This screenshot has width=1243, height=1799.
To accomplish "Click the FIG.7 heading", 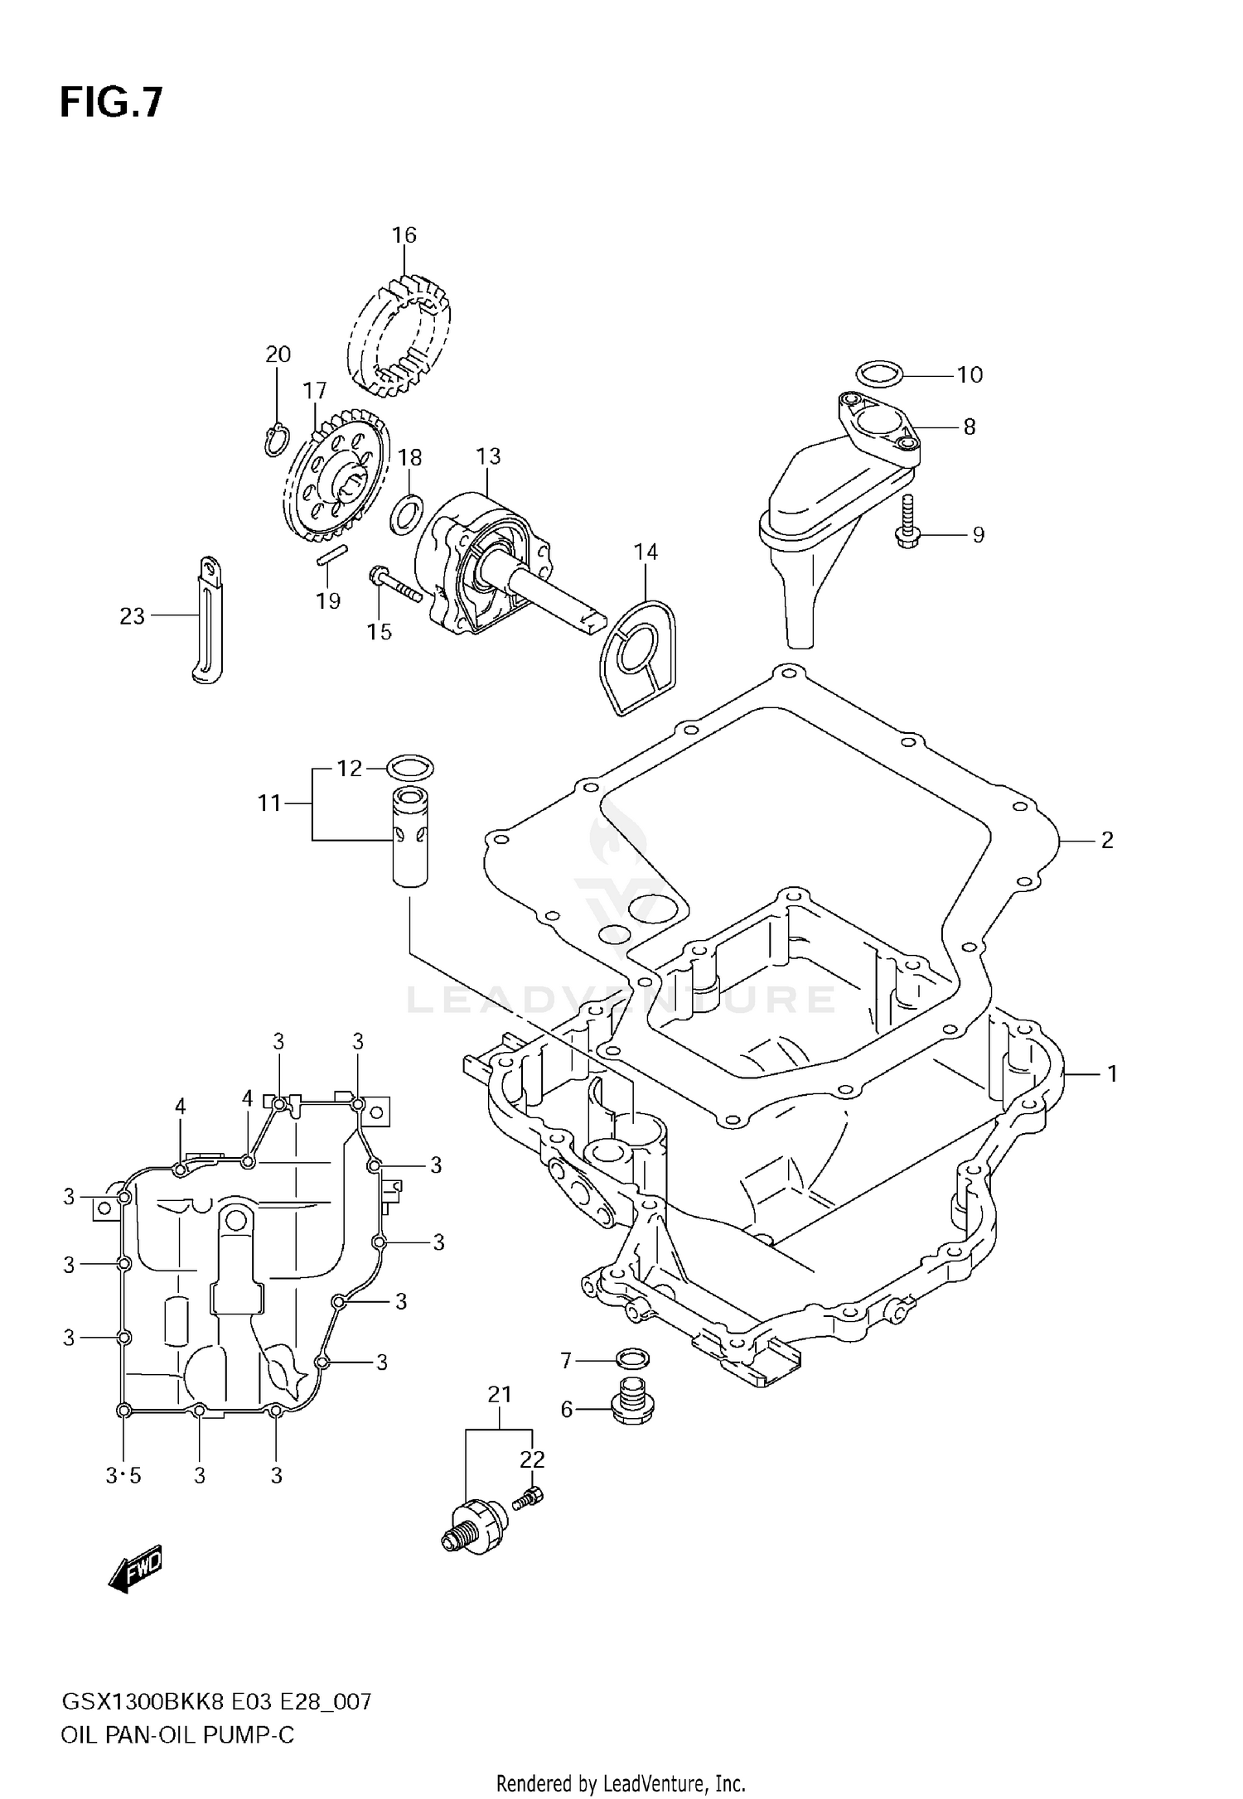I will (x=111, y=104).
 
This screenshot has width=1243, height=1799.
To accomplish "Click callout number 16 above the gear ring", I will (x=404, y=235).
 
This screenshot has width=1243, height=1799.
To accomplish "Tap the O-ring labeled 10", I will (x=878, y=374).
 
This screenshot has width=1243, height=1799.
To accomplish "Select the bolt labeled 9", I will (x=909, y=521).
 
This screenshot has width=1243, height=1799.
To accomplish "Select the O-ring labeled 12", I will (x=410, y=768).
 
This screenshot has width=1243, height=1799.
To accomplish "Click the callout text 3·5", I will (x=123, y=1476).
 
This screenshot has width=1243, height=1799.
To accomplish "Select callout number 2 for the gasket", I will (x=1107, y=841).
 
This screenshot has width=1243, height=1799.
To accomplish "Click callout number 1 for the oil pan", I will (x=1112, y=1074).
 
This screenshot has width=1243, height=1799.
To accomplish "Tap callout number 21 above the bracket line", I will (x=499, y=1395).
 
